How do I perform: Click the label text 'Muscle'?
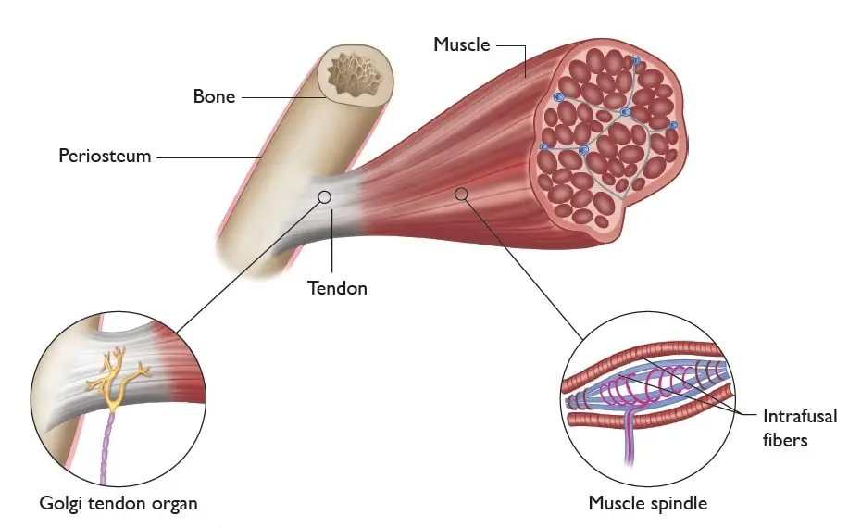[x=462, y=44]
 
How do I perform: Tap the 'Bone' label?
[x=213, y=95]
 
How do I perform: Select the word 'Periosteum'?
[x=105, y=156]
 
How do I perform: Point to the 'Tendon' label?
[x=337, y=288]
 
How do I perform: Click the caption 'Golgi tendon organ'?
[x=119, y=504]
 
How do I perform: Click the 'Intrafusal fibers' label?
[x=800, y=427]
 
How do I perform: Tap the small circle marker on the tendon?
[x=324, y=196]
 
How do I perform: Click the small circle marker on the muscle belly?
[x=461, y=193]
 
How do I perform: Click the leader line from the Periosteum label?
[x=207, y=156]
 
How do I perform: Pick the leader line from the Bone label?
[x=278, y=95]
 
